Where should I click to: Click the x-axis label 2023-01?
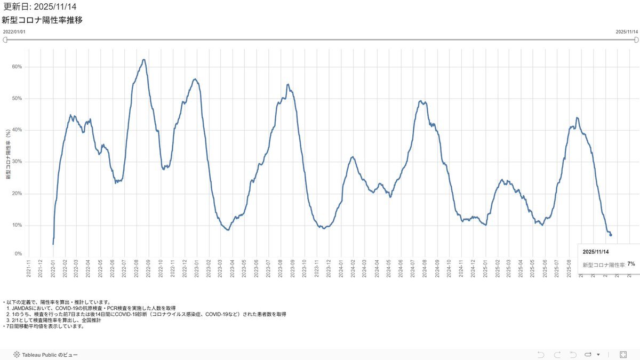(x=197, y=267)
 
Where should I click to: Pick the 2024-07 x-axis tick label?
(x=413, y=267)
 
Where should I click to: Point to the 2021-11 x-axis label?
(x=29, y=267)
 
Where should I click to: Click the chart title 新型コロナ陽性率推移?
(x=42, y=20)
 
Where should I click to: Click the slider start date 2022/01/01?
(x=14, y=32)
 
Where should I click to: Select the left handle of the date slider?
(x=5, y=39)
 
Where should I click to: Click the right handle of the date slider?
(x=635, y=39)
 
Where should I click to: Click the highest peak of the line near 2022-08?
(x=143, y=60)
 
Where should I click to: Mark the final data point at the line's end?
(x=611, y=235)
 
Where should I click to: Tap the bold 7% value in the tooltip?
(x=631, y=264)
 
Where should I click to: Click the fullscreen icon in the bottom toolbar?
(x=623, y=354)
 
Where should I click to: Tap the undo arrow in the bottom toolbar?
(x=541, y=354)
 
